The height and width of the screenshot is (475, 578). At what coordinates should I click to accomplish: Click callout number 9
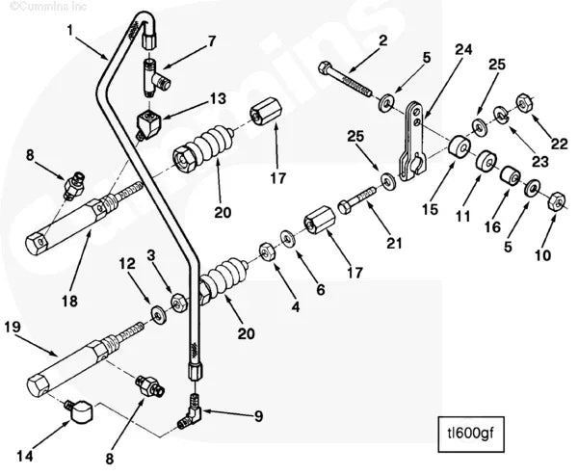click(257, 416)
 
